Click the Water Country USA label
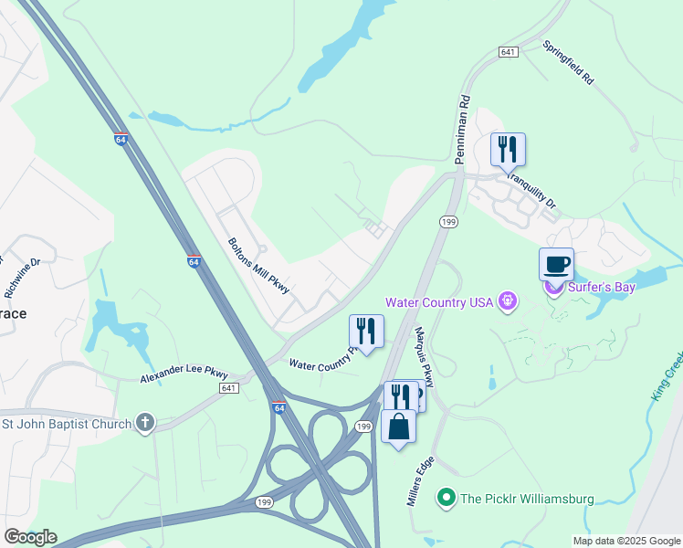(439, 302)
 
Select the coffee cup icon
(556, 265)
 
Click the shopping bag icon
(398, 427)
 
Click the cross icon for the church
(144, 422)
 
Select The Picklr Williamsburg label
(527, 499)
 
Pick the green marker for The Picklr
(447, 498)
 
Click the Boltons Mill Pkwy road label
(258, 266)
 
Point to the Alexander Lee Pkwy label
(184, 374)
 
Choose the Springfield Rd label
(568, 62)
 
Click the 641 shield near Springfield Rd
(509, 52)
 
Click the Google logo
(30, 536)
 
